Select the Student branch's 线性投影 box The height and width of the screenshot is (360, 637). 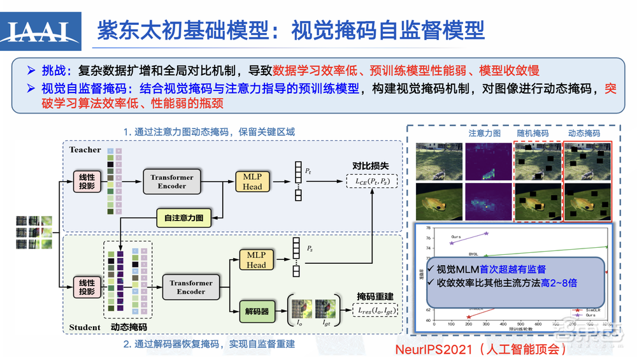click(x=87, y=287)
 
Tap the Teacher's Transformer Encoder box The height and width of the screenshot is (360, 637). click(x=172, y=181)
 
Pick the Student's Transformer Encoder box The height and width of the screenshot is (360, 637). click(x=191, y=287)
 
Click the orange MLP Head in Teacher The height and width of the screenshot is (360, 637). click(x=252, y=181)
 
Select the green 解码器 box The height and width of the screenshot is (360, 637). click(x=256, y=312)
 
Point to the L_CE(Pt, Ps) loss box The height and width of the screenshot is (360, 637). click(x=371, y=182)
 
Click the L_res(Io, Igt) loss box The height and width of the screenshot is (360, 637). click(x=376, y=310)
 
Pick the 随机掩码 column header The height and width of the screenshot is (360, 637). click(x=533, y=134)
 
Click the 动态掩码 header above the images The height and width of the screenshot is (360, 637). click(x=584, y=134)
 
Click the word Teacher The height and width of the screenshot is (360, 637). click(x=85, y=150)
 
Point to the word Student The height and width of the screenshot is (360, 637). click(x=85, y=328)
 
